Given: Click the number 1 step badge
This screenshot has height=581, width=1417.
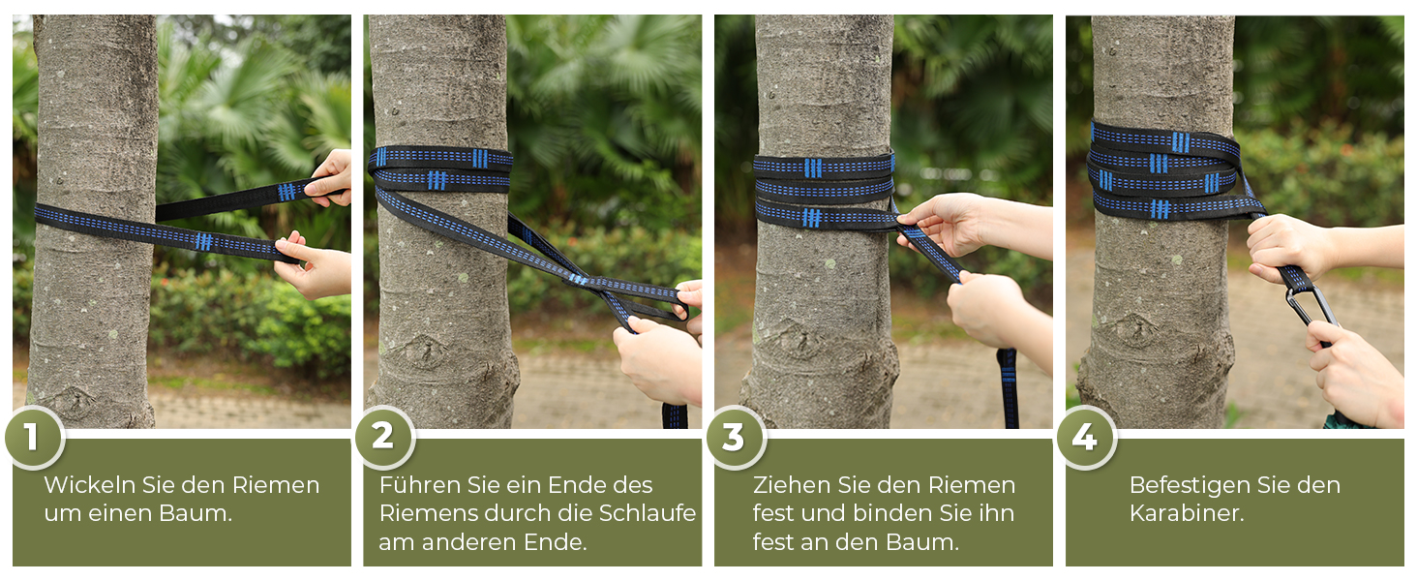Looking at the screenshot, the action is point(34,438).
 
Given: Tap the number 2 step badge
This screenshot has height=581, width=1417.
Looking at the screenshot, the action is point(384,438).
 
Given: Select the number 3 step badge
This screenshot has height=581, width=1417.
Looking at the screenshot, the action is point(736,438).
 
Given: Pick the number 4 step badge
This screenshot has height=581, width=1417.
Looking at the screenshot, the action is point(1086,438).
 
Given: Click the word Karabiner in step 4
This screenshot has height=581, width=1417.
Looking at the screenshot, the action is point(1186,513).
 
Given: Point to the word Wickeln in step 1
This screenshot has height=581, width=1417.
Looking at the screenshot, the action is point(90,485).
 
